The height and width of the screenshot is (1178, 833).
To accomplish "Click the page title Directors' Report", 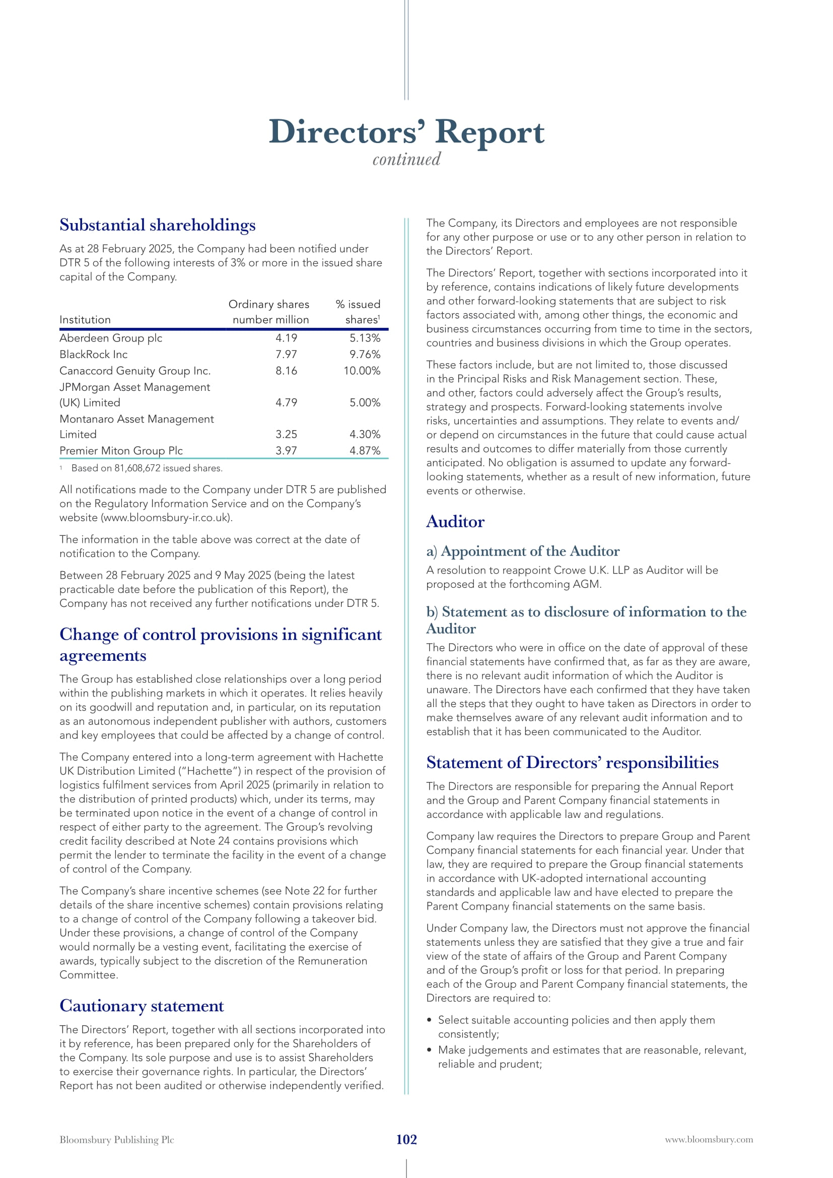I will (406, 132).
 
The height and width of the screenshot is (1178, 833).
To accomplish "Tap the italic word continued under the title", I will (406, 160).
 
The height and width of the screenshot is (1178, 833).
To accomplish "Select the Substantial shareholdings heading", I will (158, 225).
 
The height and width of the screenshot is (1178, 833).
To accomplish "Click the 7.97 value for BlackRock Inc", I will (286, 355).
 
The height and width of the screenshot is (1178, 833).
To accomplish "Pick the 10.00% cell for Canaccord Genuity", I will (362, 371).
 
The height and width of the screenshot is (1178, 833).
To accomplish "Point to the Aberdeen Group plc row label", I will (111, 338).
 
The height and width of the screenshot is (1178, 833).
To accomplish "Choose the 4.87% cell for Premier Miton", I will (365, 451).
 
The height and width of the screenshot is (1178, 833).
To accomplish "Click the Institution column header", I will (85, 320).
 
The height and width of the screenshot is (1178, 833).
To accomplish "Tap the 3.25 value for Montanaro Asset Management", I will (286, 435).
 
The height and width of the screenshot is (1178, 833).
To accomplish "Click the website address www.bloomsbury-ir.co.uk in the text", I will (166, 518).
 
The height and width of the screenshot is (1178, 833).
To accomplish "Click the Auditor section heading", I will (455, 522).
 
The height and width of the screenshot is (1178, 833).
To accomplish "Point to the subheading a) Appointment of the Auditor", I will (523, 551).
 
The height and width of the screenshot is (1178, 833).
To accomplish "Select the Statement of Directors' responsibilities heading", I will (572, 763).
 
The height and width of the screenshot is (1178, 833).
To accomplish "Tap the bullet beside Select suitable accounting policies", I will (429, 1020).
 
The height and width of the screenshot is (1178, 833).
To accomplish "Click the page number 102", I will (406, 1140).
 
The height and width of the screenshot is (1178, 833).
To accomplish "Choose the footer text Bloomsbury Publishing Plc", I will (117, 1140).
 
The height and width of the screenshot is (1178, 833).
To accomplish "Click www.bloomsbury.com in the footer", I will (709, 1140).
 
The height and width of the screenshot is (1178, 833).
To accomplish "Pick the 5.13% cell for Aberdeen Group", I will (365, 338).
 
